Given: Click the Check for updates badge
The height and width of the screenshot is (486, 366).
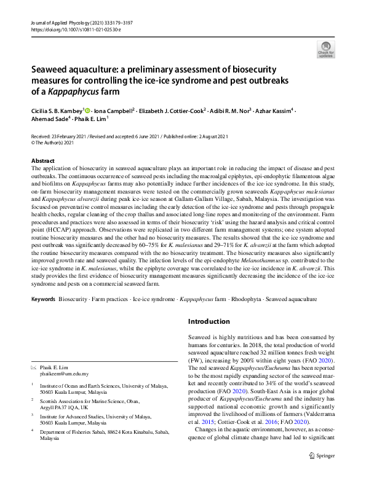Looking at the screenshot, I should pos(325,49).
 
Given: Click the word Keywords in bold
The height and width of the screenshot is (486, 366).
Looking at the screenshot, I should pos(42,299).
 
